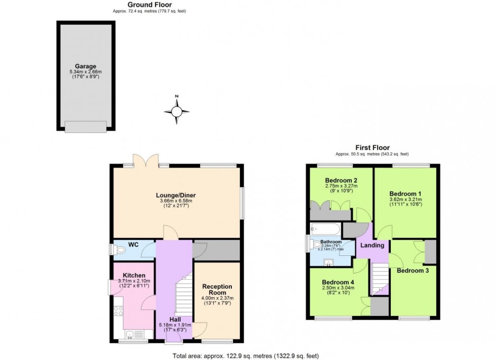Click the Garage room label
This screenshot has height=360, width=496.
point(86,66)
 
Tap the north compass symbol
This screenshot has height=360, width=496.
point(177,111)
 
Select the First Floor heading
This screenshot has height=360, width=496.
point(372,148)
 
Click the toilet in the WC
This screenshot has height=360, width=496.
point(119,249)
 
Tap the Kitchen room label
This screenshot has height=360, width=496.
point(134,275)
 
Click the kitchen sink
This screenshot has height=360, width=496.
point(130,334)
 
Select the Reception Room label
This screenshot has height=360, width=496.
point(217,290)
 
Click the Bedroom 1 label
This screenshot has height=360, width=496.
point(405,194)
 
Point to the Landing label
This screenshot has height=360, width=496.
point(373,245)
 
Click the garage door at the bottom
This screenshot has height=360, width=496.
point(86,126)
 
